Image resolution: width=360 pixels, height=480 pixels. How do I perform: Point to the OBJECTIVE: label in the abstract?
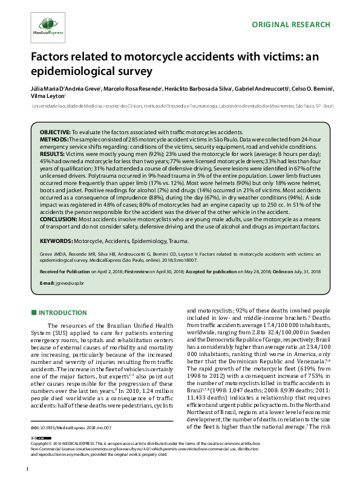tap(55, 132)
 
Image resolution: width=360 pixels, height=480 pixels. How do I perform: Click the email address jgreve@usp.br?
tap(70, 284)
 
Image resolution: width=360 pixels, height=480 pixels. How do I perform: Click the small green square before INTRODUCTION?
tap(33, 312)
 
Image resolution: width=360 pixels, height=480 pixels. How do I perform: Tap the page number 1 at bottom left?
tap(28, 469)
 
